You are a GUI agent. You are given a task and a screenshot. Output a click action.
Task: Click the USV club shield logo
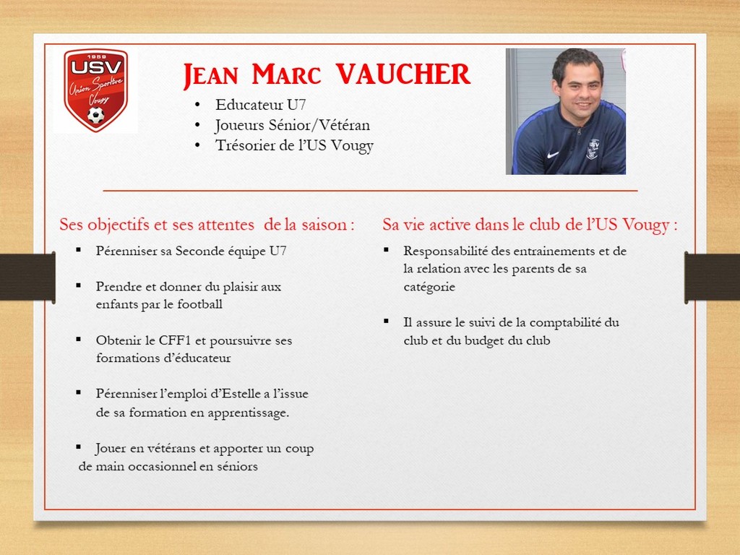coord(96,90)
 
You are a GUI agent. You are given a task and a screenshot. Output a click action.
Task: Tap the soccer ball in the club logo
coord(96,115)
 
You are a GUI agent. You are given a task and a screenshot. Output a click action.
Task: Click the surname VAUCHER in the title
coord(403,74)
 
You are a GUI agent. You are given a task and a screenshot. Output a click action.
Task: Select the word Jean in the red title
coord(210,75)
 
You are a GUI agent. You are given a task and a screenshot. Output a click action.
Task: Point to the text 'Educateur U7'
coord(260,105)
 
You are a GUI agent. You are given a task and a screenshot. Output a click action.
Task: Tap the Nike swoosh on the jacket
coord(553,155)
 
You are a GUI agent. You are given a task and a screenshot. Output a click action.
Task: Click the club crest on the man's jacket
coord(593,149)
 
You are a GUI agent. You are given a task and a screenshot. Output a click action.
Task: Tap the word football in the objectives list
coord(199,304)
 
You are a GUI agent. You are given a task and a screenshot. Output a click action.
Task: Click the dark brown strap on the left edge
coord(27,277)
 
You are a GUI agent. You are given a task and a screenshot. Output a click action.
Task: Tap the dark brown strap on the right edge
coord(712,277)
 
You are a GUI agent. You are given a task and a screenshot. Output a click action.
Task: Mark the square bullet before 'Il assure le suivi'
coord(387,322)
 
